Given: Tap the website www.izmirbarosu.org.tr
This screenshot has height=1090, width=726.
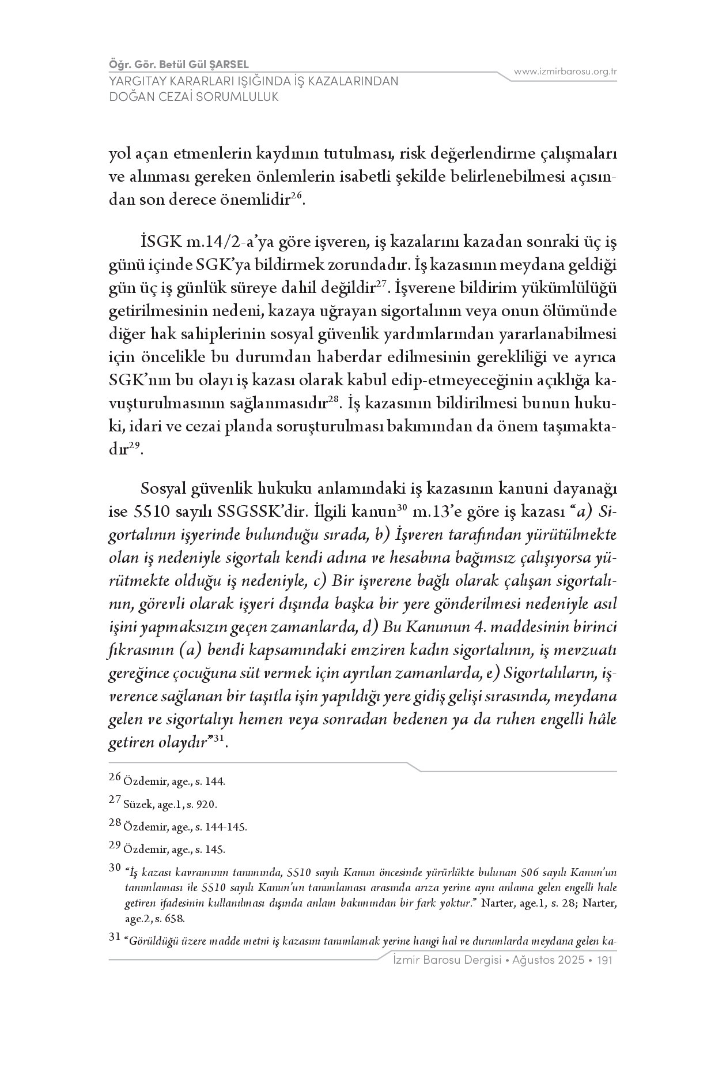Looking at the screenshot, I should pyautogui.click(x=565, y=72).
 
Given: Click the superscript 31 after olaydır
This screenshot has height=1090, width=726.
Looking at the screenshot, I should pyautogui.click(x=218, y=739).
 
